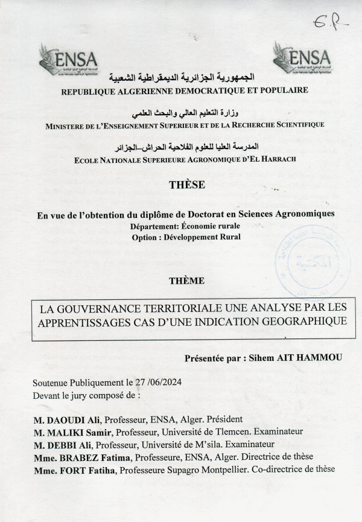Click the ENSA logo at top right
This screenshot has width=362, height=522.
click(x=302, y=58)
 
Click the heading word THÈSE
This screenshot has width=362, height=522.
click(x=187, y=185)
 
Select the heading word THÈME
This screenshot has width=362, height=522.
click(x=186, y=281)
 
